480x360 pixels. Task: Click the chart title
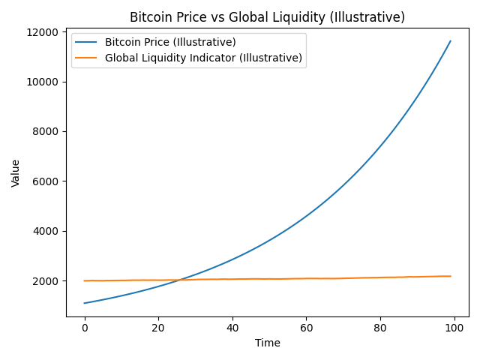point(267,17)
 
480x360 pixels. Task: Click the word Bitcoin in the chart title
point(149,17)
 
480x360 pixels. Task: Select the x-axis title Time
point(267,343)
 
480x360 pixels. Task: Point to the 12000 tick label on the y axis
point(42,32)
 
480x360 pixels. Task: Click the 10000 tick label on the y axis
point(42,82)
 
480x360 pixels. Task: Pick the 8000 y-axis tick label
point(45,131)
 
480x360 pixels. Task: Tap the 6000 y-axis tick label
point(45,181)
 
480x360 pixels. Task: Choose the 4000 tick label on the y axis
point(45,231)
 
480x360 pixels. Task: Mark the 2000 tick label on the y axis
point(45,281)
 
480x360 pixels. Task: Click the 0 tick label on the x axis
point(85,327)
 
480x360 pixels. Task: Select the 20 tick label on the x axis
point(158,327)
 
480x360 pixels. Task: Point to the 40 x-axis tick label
point(232,327)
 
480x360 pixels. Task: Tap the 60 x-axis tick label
point(306,327)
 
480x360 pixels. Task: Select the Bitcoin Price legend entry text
point(170,42)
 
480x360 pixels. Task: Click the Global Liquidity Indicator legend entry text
point(203,58)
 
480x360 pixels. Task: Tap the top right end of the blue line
point(450,41)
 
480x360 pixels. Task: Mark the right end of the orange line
point(450,276)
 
